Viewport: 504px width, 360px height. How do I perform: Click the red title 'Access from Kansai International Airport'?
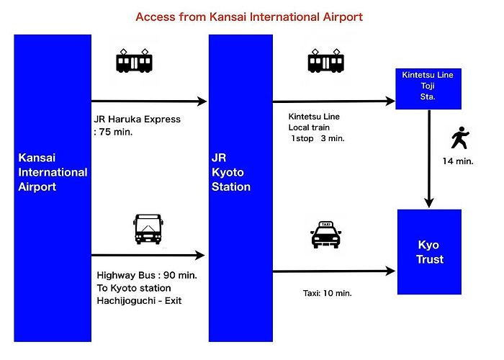249,17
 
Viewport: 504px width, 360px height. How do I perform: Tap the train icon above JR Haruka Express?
134,60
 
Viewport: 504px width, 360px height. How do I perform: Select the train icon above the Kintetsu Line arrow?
326,60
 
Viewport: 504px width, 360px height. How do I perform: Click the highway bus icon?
148,229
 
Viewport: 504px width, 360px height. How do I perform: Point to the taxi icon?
326,235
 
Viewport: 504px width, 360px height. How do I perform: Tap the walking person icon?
460,138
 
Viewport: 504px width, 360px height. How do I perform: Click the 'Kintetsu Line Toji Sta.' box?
428,89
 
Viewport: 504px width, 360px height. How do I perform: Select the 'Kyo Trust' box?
429,252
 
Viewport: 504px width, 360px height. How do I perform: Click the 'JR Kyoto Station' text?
231,172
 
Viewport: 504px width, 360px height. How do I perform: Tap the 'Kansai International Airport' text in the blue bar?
53,172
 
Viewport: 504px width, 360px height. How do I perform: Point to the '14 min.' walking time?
458,161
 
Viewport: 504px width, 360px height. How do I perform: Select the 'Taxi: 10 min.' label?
327,293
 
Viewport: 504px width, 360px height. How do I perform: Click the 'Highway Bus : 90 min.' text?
147,276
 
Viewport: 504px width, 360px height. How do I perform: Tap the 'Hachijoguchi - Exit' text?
139,301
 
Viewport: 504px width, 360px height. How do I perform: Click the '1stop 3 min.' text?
318,138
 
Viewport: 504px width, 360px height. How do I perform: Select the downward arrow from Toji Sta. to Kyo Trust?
429,159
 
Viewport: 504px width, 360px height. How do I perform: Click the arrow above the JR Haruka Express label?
149,102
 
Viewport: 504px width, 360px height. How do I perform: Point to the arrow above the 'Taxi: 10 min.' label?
334,271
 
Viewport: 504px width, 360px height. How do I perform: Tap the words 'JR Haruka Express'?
138,120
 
